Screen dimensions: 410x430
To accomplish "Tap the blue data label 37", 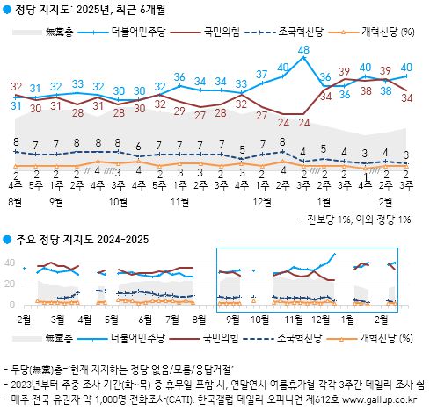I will coord(263,74).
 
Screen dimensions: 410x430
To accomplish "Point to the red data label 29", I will coord(179,111).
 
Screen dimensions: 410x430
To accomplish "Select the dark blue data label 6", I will coord(138,146).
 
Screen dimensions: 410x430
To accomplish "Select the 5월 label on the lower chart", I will coord(113,319).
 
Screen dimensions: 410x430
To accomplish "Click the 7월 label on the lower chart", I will coord(172,319).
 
